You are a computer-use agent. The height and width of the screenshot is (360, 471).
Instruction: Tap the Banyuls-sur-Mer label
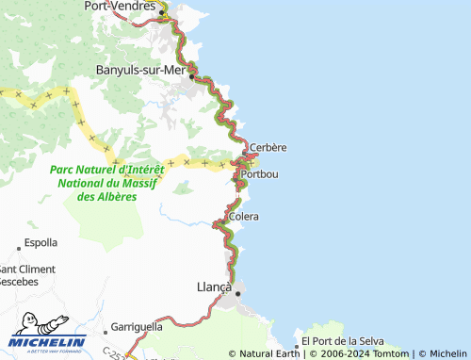coord(142,69)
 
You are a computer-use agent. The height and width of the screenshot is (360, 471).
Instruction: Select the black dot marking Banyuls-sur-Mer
coord(193,77)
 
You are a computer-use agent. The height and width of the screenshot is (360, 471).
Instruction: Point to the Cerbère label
coord(269,147)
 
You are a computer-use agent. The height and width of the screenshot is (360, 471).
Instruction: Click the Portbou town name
coord(259,174)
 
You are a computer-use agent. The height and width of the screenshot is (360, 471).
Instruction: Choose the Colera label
coord(243,217)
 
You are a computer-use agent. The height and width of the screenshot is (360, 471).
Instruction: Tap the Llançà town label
coord(213,286)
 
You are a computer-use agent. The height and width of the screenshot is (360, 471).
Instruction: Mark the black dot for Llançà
coord(237,293)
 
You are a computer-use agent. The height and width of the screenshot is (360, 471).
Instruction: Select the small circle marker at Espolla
coord(18,249)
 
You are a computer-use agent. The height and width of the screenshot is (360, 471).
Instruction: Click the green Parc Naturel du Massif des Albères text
coord(106,183)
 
